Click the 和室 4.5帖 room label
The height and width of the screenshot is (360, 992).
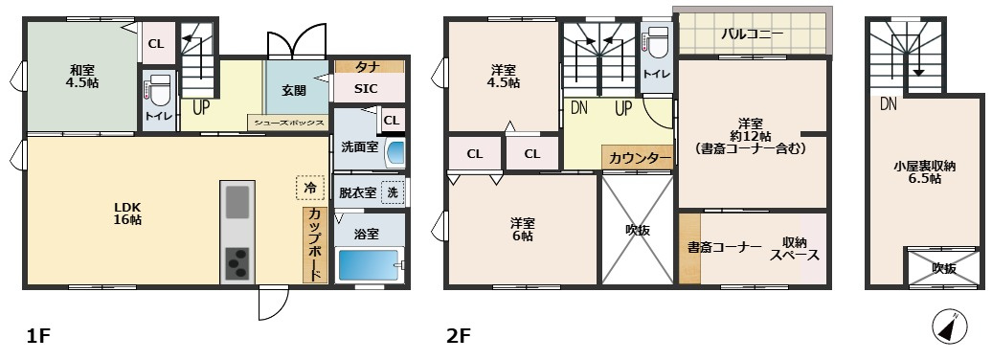[81, 76]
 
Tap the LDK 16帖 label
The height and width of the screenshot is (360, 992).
[127, 213]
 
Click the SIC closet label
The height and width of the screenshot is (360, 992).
[365, 89]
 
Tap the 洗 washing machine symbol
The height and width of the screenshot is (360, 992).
[393, 191]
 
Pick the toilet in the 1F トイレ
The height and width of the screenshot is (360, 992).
[160, 89]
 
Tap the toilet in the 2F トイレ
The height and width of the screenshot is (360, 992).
[657, 44]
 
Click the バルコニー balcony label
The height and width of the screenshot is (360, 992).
[753, 34]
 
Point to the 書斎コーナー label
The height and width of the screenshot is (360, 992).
[723, 247]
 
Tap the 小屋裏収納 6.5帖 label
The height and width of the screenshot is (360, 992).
[924, 172]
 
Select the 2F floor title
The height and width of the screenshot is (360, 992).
[459, 336]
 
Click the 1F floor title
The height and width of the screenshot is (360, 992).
[37, 336]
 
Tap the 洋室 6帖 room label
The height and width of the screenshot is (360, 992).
[522, 230]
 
